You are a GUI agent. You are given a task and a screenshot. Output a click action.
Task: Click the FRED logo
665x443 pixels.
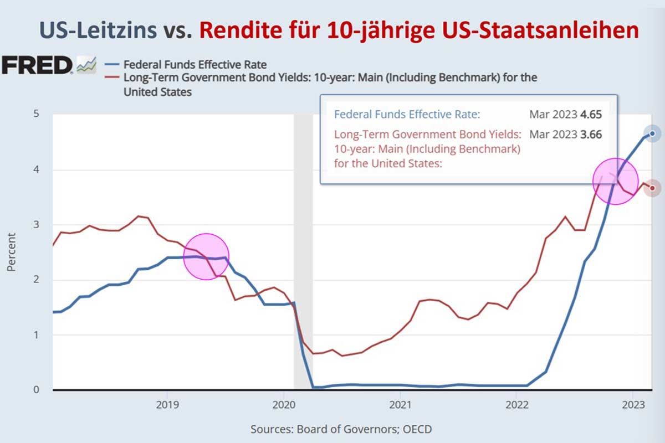[37, 65]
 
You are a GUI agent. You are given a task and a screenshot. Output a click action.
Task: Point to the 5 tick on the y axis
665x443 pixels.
[37, 115]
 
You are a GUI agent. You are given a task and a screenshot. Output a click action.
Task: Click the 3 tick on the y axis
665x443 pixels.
[37, 225]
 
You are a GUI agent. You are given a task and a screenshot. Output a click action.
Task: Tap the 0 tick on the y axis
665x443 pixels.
[37, 390]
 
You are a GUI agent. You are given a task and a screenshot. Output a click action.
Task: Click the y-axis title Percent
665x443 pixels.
[12, 253]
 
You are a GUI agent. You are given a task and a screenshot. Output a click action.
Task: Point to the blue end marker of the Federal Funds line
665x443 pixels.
[652, 133]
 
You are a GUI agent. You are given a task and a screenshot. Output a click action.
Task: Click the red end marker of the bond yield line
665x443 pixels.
[652, 188]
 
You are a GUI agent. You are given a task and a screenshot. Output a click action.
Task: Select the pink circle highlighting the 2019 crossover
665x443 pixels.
[206, 256]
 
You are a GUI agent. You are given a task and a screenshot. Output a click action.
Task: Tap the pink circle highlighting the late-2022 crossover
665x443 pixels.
[615, 181]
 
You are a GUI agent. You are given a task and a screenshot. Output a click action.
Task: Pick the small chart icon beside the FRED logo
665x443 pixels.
[86, 65]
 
